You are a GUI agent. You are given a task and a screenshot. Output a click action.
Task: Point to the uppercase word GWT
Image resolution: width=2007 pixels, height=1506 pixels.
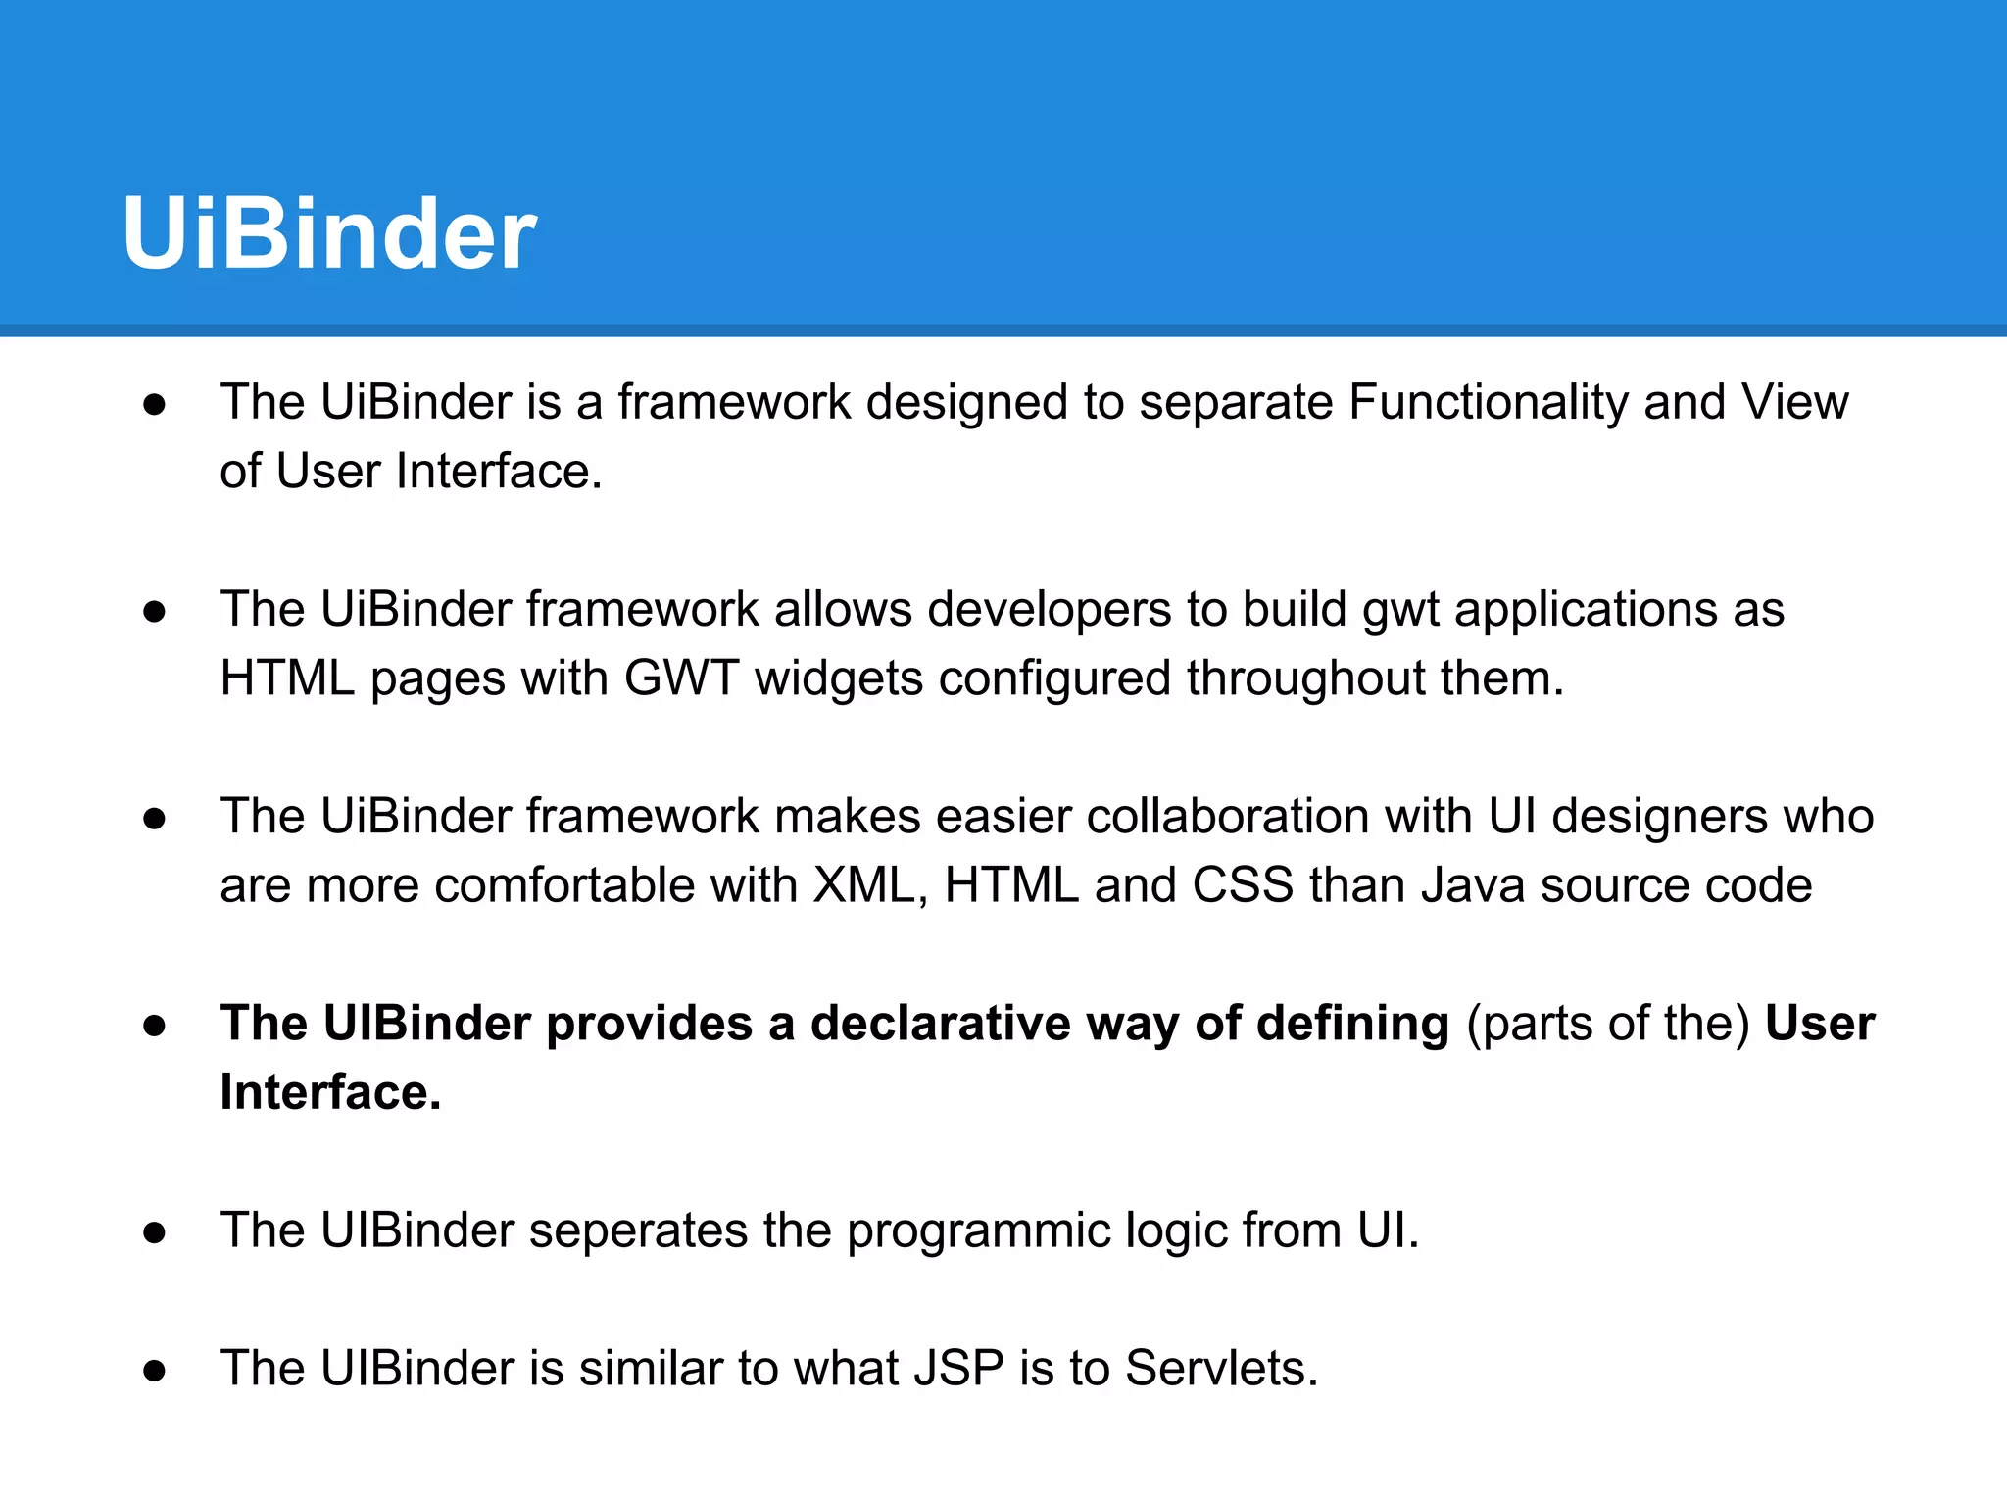tap(681, 678)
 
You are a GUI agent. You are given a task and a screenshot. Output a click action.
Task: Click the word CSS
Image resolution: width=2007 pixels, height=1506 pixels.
tap(1243, 885)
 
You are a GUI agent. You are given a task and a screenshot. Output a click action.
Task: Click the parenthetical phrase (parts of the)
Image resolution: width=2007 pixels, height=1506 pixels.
tap(1607, 1024)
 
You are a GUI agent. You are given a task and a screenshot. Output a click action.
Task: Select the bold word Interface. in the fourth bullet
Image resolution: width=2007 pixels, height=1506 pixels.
tap(330, 1092)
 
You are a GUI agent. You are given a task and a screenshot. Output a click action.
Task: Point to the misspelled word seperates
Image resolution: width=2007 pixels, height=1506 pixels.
tap(638, 1230)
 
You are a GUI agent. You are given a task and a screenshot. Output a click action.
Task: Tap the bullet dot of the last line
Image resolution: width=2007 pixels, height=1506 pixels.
tap(154, 1371)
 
